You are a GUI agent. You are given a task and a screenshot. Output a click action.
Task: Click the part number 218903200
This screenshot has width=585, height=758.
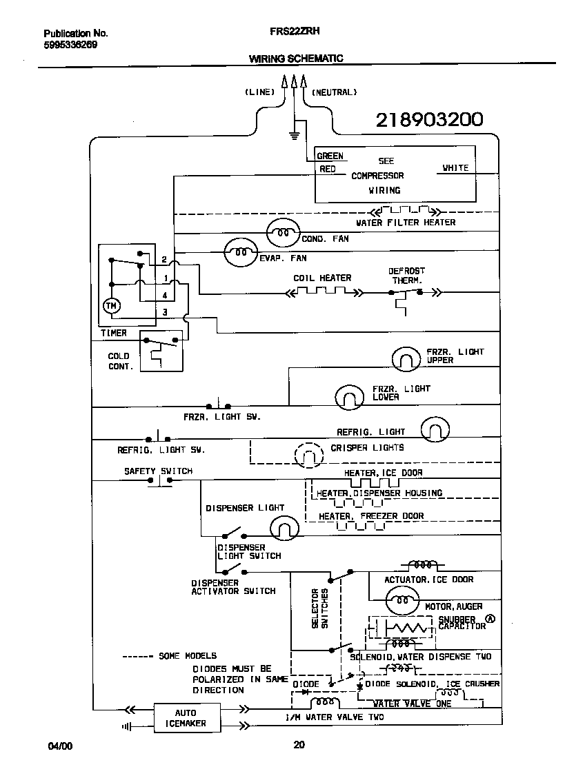click(x=428, y=121)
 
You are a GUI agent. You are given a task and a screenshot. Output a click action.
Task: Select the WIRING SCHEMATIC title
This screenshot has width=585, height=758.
click(x=296, y=59)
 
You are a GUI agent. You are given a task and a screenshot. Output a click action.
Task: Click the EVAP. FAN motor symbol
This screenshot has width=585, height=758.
click(x=239, y=253)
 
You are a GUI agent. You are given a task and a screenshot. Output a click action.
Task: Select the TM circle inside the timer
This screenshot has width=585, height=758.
click(x=110, y=305)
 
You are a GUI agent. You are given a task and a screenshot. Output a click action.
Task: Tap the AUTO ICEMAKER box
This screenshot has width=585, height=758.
click(x=185, y=718)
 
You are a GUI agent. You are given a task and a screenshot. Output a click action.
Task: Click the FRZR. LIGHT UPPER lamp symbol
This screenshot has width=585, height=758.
click(x=406, y=358)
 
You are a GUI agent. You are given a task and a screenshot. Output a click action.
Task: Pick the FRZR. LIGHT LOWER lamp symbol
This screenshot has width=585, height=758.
click(x=350, y=397)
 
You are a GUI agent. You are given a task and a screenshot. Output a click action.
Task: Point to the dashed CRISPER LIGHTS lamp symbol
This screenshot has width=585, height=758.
click(x=308, y=455)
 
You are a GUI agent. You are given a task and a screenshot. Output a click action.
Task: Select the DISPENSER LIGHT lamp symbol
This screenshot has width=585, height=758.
click(x=284, y=529)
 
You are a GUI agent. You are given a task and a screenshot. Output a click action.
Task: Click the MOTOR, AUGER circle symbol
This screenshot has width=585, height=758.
click(x=401, y=601)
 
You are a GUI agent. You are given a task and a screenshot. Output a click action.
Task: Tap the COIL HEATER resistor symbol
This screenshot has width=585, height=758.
click(x=322, y=292)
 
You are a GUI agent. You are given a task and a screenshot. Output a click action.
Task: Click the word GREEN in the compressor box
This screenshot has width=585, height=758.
click(x=330, y=156)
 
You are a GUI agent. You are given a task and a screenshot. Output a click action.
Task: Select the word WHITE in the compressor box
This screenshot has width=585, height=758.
click(x=455, y=168)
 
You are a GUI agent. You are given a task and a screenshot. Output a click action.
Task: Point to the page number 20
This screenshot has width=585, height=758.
click(x=299, y=744)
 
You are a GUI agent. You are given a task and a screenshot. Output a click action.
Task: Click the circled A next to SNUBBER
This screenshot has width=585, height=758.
click(x=490, y=618)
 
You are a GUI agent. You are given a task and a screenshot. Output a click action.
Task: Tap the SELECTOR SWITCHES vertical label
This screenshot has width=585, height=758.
click(x=319, y=608)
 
